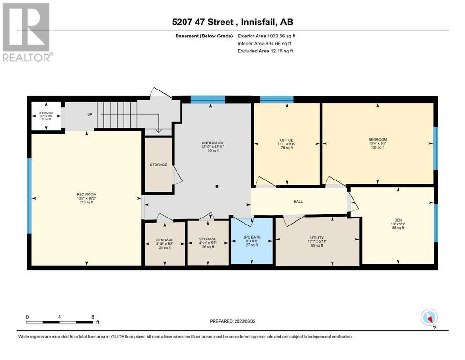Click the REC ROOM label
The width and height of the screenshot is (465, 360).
[x=87, y=195]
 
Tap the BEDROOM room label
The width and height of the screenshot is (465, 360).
[x=377, y=140]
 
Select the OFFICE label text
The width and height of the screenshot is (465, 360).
[x=287, y=140]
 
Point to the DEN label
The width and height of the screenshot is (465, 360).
[x=398, y=220]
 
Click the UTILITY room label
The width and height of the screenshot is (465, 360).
[x=317, y=238]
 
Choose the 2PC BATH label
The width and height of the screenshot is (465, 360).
[x=252, y=237]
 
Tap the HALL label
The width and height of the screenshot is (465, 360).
[x=298, y=201]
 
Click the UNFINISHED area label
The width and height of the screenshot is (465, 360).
[x=213, y=143]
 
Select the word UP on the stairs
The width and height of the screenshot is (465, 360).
[x=90, y=114]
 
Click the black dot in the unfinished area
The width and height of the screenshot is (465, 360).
[x=217, y=186]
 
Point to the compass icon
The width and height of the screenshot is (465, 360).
[x=429, y=317]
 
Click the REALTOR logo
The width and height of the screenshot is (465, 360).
[x=27, y=32]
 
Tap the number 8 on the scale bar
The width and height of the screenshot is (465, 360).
[x=93, y=317]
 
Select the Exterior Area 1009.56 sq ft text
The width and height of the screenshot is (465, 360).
[x=266, y=36]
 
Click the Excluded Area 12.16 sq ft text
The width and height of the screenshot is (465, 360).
[x=265, y=51]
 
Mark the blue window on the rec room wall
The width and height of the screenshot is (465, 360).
[x=29, y=196]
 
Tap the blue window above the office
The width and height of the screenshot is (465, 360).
[x=277, y=99]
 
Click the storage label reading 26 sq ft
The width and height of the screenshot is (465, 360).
[x=208, y=243]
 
